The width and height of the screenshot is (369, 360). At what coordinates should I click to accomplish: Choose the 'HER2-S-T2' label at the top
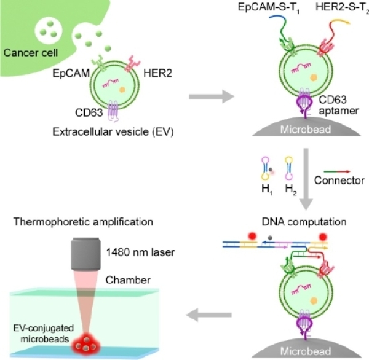[x=333, y=8]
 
